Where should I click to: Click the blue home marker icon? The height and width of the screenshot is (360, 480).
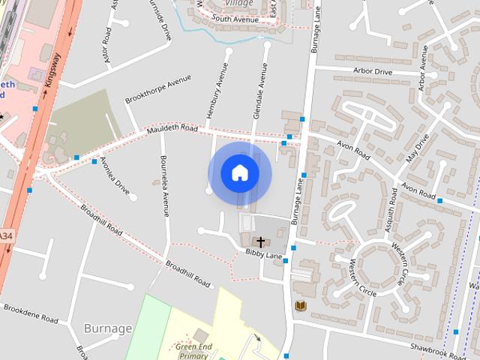pyautogui.click(x=239, y=172)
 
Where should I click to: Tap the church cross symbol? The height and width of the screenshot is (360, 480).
pyautogui.click(x=261, y=242)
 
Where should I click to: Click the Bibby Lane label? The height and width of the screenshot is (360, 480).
pyautogui.click(x=263, y=256)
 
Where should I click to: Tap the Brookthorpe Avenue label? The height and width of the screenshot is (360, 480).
pyautogui.click(x=153, y=93)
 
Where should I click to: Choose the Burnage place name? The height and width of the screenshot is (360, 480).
pyautogui.click(x=108, y=328)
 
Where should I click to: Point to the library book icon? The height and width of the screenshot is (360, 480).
pyautogui.click(x=300, y=306)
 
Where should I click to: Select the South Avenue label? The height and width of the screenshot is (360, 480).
pyautogui.click(x=234, y=18)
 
